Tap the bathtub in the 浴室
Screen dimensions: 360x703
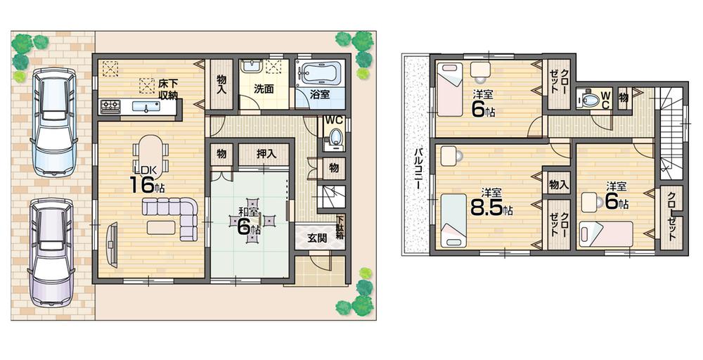tap(318, 73)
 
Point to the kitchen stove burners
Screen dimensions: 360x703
tap(111, 107)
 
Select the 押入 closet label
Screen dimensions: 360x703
tap(265, 153)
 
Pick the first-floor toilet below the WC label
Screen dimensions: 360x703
tap(335, 137)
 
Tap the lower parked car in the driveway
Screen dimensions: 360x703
tap(53, 250)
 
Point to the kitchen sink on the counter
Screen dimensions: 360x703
tap(147, 108)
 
